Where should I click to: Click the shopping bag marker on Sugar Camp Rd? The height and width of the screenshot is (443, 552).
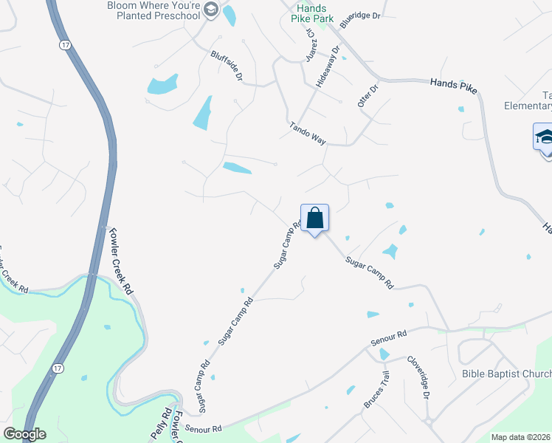(314, 219)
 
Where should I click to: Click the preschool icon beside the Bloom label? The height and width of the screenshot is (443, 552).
(210, 9)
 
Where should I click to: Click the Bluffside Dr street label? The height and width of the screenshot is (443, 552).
(227, 66)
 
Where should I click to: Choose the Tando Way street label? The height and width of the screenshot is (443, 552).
(308, 133)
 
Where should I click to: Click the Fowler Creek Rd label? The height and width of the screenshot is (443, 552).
(120, 261)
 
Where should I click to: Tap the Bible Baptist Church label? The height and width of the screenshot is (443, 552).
(506, 374)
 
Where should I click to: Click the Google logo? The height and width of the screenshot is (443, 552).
(24, 434)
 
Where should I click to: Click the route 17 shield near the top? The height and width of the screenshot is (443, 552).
(66, 45)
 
